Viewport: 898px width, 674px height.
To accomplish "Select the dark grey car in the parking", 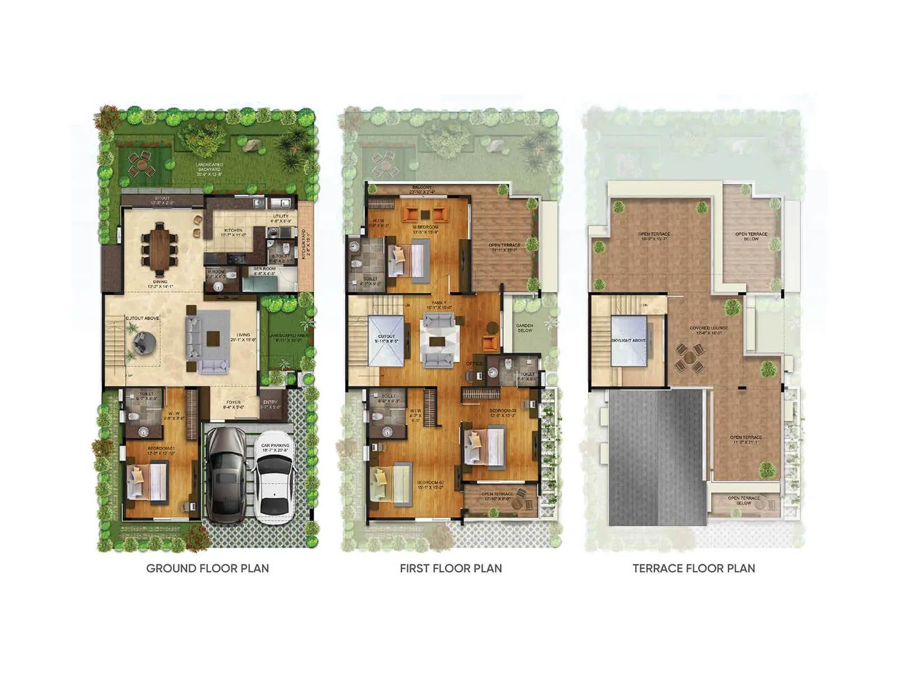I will pos(226,475).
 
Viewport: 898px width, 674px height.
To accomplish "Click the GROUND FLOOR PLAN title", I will pos(207,568).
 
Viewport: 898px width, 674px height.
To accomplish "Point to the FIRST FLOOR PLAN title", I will pos(451,568).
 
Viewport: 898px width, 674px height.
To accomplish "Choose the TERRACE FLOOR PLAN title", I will pos(694,568).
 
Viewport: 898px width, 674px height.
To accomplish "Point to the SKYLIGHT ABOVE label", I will pos(629,340).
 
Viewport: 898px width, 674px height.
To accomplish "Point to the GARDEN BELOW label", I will pos(525,328).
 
